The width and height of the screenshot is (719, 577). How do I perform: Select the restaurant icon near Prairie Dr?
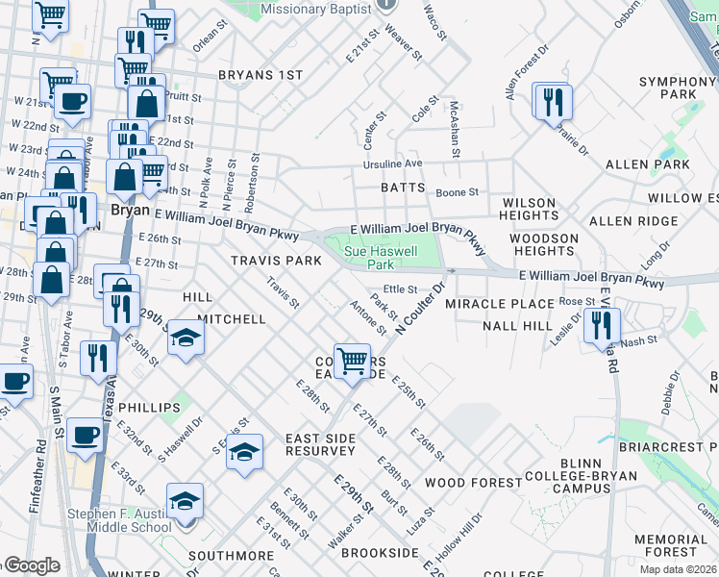[x=553, y=102]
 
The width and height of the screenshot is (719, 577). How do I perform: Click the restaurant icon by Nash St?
[x=602, y=326]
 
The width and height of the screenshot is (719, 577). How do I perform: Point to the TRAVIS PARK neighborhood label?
[x=275, y=261]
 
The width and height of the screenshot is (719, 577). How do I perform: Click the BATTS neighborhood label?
[x=403, y=188]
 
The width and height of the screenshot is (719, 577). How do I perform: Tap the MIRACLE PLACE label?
[x=499, y=304]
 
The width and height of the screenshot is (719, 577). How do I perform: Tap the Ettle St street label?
[x=400, y=288]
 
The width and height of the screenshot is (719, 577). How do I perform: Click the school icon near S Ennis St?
[x=245, y=452]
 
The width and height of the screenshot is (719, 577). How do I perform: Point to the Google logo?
[x=31, y=565]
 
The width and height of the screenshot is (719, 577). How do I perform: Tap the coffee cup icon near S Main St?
[x=85, y=435]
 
